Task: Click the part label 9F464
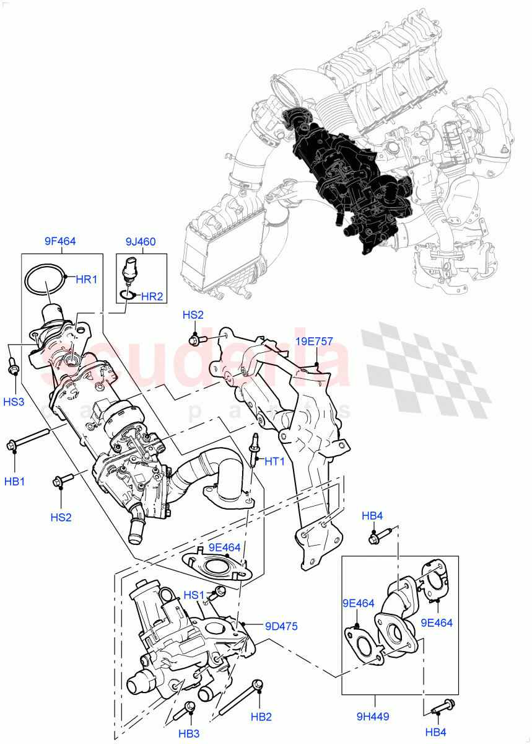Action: (60, 242)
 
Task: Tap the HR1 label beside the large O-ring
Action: (87, 280)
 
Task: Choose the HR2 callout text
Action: (152, 297)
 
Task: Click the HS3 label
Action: (14, 402)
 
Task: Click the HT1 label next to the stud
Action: (274, 461)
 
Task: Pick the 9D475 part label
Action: (282, 627)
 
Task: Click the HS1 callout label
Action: (194, 595)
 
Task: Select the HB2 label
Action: (261, 717)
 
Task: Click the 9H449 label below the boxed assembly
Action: (373, 717)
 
